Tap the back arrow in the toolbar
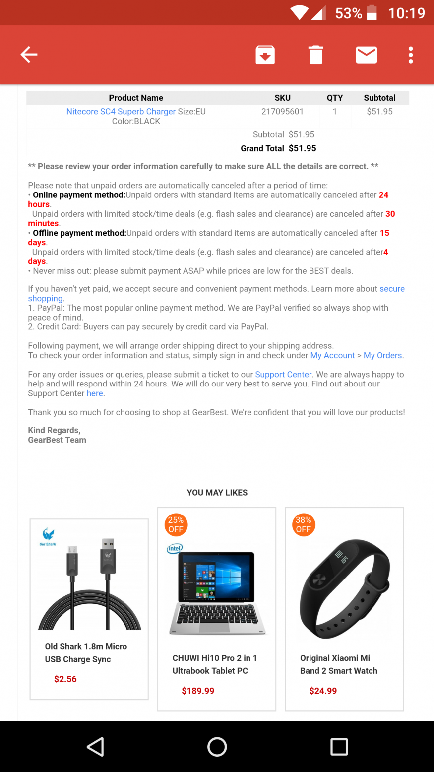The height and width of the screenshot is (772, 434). pos(29,55)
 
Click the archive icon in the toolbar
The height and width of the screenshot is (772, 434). pos(265,55)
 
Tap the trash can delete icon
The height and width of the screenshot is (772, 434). pos(315,55)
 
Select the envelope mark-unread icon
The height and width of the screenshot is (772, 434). pos(367,55)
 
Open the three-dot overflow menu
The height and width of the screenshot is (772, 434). pos(411,55)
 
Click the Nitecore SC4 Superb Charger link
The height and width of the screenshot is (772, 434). pos(121,112)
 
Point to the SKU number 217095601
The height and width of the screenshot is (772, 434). pos(282,112)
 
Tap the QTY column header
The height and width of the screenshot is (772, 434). pos(335,98)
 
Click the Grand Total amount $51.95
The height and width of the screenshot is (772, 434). pos(302,148)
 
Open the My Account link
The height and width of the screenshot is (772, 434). pos(332,356)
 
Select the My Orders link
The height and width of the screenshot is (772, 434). pos(382,356)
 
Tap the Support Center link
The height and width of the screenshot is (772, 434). pos(283,375)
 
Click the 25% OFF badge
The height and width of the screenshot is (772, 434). pos(176,525)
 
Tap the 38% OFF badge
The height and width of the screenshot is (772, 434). pos(303,525)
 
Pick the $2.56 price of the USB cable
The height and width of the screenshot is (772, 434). pos(65,679)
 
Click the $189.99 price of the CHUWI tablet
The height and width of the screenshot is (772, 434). pos(198,691)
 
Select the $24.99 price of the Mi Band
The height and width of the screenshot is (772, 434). pos(323,691)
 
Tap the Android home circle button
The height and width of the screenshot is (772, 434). pos(217,747)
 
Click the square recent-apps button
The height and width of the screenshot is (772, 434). pos(339,747)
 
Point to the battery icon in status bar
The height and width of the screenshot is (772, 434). pos(372,13)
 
